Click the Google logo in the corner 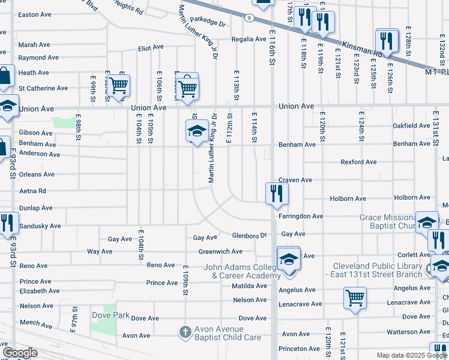click(x=20, y=353)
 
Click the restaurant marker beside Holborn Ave click(x=277, y=193)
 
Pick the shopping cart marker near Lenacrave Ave click(x=355, y=298)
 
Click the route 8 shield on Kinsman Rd click(x=249, y=19)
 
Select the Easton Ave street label click(x=35, y=14)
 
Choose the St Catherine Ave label click(x=43, y=88)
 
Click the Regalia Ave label click(x=249, y=39)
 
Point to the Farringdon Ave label click(x=302, y=216)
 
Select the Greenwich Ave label click(x=220, y=251)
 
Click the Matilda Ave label click(x=249, y=286)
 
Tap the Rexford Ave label click(x=358, y=162)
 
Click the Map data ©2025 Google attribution click(x=412, y=355)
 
